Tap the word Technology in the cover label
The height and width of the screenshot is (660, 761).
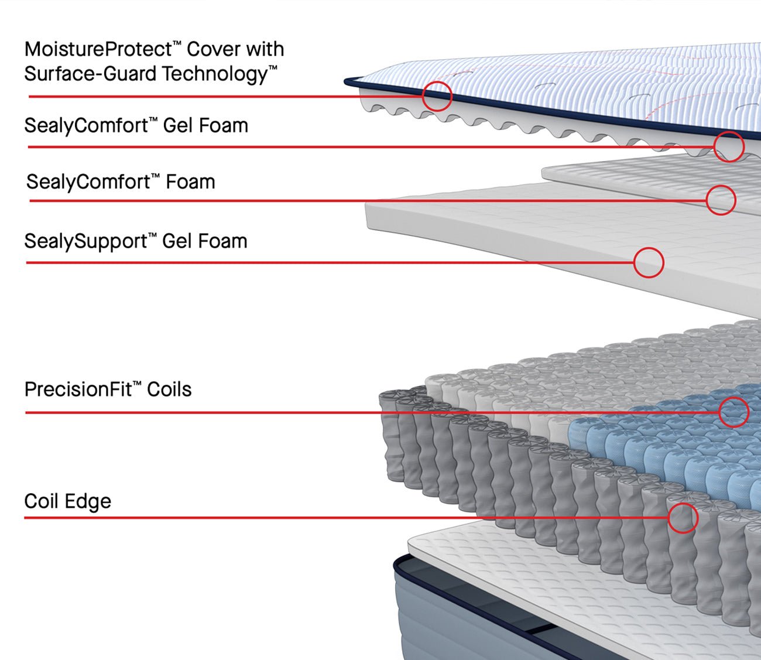[x=214, y=74]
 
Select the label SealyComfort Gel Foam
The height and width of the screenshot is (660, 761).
[x=136, y=125]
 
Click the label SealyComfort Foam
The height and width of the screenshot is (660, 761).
[x=121, y=182]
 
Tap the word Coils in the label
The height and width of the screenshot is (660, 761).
[x=169, y=389]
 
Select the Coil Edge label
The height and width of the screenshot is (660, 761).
[x=67, y=501]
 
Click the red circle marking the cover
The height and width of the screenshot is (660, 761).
[x=437, y=95]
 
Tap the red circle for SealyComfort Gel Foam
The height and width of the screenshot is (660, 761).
[x=728, y=146]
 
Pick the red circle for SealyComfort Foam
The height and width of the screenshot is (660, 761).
[x=721, y=200]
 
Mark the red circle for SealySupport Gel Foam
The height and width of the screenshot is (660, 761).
[x=648, y=262]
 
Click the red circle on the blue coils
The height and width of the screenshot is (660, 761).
[x=733, y=412]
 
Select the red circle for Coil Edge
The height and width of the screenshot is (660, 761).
[x=683, y=518]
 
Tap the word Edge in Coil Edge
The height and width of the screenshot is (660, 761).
[x=88, y=502]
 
